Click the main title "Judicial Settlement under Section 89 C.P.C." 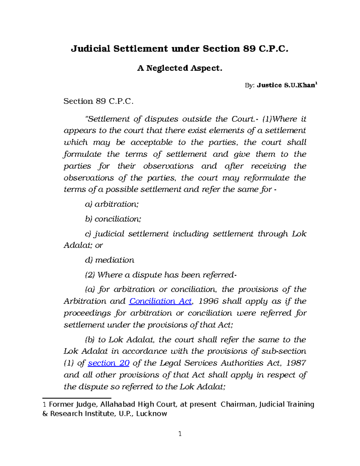click(179, 49)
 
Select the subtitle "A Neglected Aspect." click(180, 68)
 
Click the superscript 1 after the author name click(316, 84)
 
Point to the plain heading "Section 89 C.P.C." click(98, 101)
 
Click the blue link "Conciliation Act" click(160, 301)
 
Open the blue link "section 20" click(108, 363)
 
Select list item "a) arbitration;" click(112, 204)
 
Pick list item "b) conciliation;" click(113, 219)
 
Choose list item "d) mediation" click(109, 260)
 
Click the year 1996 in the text click(208, 301)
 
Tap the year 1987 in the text click(296, 363)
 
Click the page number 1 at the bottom click(180, 434)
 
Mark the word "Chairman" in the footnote click(238, 404)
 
